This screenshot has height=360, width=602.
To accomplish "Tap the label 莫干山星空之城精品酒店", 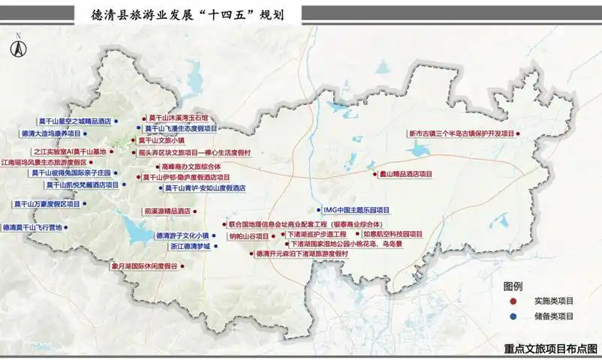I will point(74,121).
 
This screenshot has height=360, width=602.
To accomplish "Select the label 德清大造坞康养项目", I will point(50,133).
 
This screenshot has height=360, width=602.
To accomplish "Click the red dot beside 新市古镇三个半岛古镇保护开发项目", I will point(517,133).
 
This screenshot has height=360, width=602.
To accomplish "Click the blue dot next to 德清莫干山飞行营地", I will point(65,227).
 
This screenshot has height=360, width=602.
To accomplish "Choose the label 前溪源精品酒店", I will point(168,211).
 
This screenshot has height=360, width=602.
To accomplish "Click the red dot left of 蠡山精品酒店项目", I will point(374,174).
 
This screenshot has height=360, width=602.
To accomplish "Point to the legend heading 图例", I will point(513,286).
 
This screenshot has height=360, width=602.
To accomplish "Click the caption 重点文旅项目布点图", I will point(552,349).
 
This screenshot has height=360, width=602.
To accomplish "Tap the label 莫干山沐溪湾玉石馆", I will point(178,118).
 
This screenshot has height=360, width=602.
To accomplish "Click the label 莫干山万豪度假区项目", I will point(47,204).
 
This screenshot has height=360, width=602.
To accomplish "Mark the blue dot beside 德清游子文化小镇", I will point(216,235).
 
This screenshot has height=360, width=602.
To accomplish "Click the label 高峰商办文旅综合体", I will point(191,166).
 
